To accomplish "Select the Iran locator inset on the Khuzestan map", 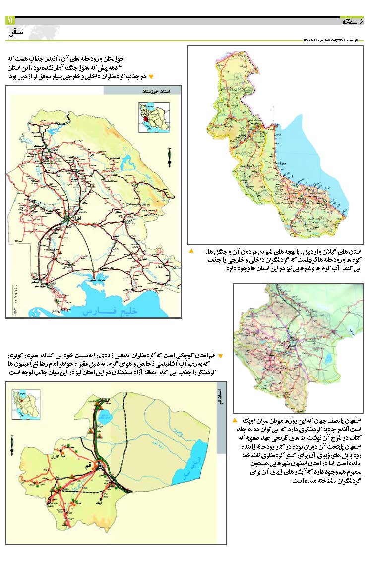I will (x=154, y=117).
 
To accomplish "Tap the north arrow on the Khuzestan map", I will (x=170, y=156).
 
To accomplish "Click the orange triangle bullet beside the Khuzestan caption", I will (x=152, y=77).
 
